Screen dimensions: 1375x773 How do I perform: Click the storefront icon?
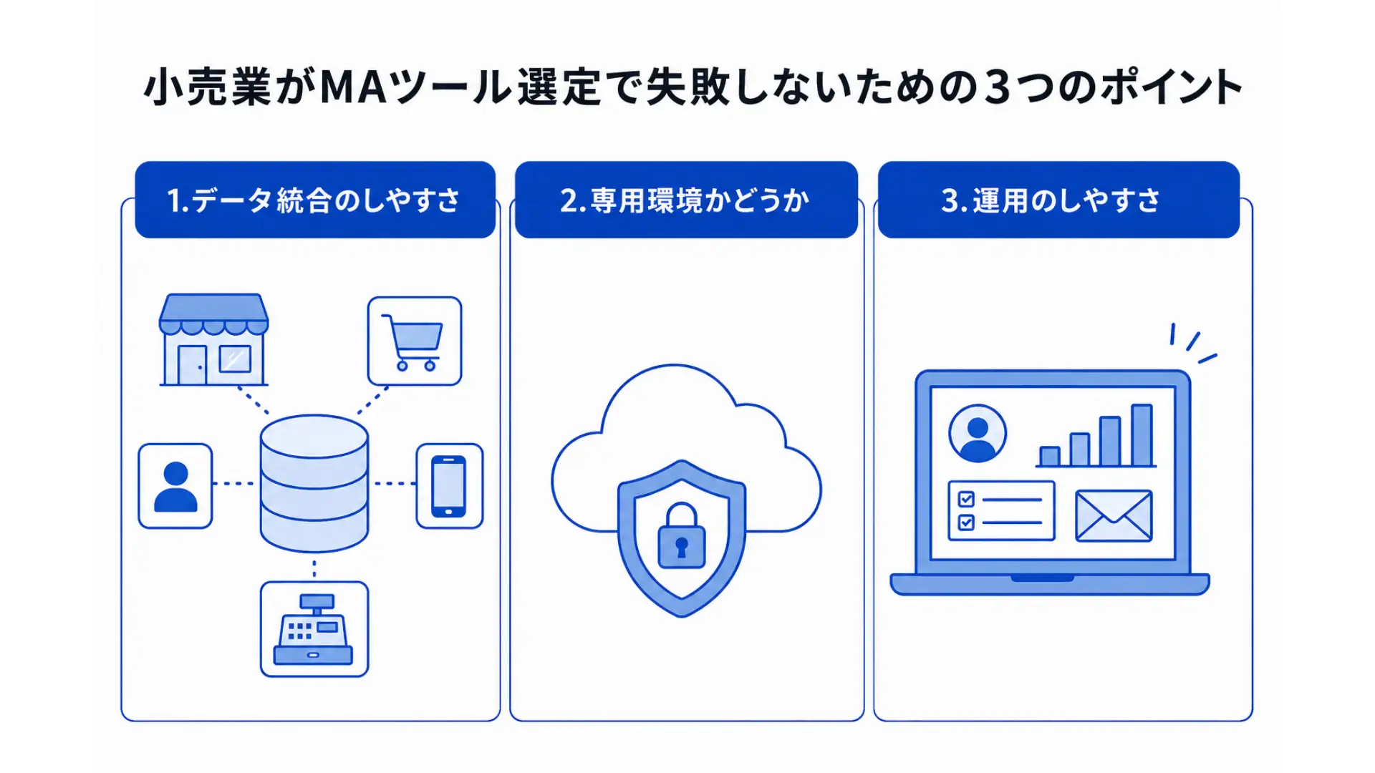click(213, 340)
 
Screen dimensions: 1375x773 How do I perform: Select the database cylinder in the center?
click(314, 483)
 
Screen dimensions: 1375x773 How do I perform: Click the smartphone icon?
click(449, 486)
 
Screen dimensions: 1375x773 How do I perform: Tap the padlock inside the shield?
click(682, 535)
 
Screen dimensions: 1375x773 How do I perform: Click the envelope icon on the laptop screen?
click(1114, 515)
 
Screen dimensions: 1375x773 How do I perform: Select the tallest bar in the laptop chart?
click(1142, 435)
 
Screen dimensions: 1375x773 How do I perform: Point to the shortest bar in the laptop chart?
click(1050, 456)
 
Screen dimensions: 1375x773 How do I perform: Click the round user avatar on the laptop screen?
click(978, 434)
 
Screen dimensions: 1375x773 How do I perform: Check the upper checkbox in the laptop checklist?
click(966, 499)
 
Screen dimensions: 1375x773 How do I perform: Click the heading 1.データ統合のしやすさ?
click(314, 200)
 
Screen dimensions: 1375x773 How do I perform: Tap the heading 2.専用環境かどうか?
click(685, 200)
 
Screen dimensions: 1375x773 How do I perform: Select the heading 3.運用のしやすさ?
click(1051, 200)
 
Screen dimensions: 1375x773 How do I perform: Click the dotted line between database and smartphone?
click(393, 484)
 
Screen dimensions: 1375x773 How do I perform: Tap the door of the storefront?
click(192, 365)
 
